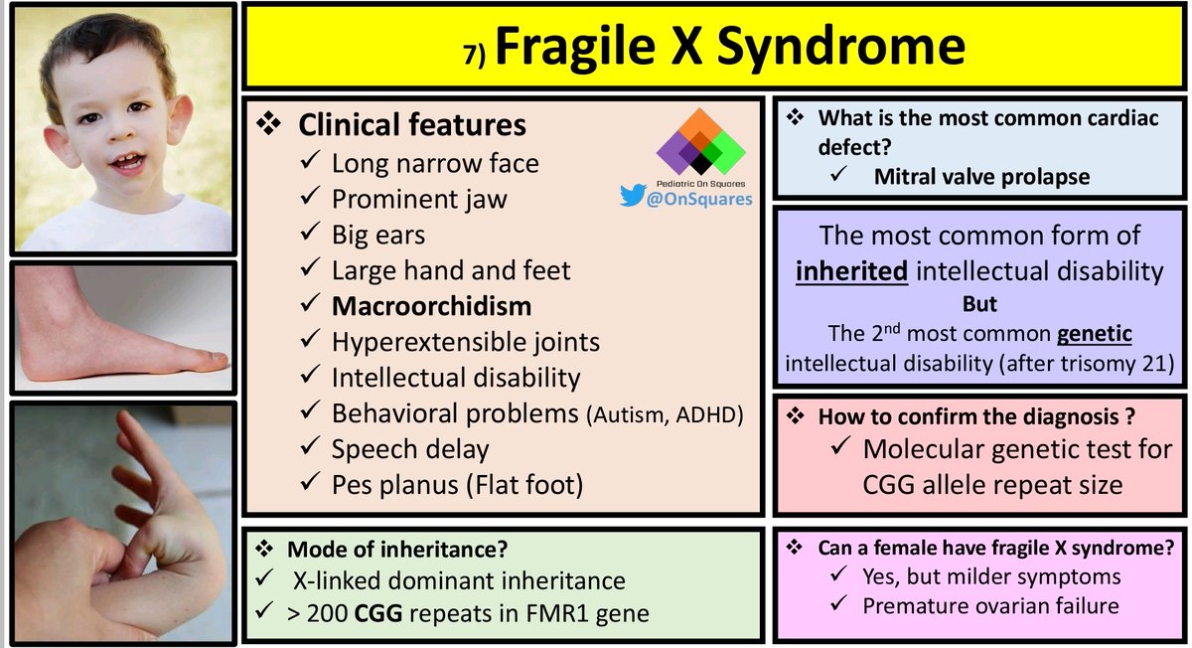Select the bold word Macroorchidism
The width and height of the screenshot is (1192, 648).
click(431, 305)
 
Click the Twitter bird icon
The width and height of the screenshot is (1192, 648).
click(632, 197)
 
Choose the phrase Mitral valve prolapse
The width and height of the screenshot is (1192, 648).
click(981, 178)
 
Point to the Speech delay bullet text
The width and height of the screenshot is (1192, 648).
click(410, 449)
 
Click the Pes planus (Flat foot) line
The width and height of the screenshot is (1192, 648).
click(456, 485)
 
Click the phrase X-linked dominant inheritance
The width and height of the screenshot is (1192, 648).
click(459, 580)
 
